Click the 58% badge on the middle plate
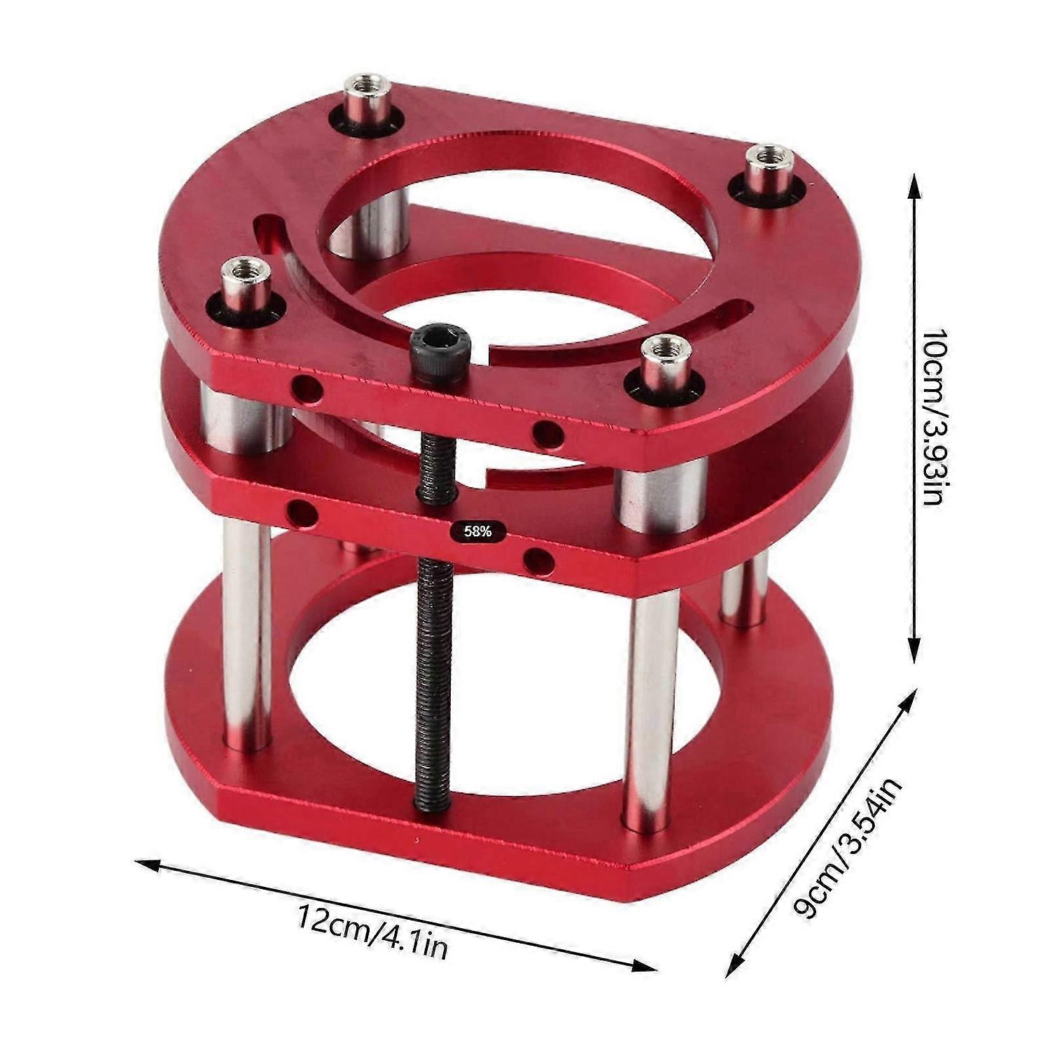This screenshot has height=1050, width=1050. [x=477, y=531]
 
